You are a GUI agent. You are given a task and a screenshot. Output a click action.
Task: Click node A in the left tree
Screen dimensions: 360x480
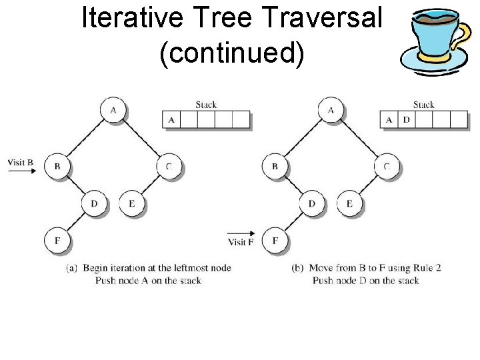[113, 110]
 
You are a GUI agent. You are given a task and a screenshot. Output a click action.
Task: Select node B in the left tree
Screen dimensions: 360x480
[57, 166]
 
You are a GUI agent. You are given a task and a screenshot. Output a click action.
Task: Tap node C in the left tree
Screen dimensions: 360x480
[169, 166]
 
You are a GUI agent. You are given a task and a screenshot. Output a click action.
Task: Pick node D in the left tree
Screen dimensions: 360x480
[95, 203]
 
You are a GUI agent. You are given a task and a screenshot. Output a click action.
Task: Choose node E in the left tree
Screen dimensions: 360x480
[131, 203]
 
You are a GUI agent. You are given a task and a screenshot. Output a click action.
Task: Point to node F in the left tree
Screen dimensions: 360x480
[57, 240]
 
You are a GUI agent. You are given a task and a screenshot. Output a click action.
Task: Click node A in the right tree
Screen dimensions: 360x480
[331, 110]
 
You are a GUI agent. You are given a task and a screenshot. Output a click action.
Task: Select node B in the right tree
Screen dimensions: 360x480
[275, 166]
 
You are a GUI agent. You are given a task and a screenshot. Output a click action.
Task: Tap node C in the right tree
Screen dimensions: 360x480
[387, 166]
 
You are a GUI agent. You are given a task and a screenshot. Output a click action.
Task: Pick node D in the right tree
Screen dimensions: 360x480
[312, 203]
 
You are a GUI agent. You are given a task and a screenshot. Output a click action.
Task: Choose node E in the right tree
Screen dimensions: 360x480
[349, 203]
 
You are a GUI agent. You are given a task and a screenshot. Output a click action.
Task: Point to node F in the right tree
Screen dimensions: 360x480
[275, 240]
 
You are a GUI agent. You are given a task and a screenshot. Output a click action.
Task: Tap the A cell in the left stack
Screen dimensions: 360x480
[171, 120]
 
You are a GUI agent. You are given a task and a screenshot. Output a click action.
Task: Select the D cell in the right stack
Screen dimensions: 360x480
[406, 120]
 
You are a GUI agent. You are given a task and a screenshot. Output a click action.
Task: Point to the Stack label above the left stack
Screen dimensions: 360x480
[206, 105]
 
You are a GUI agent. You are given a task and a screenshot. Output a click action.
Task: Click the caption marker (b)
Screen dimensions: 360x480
[298, 268]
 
